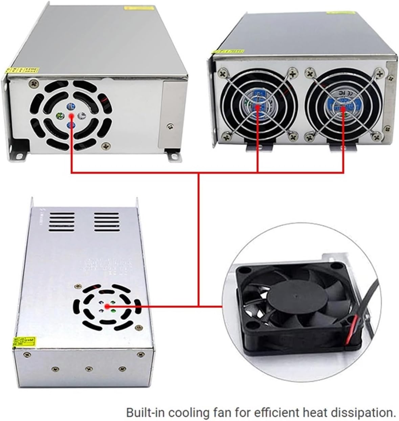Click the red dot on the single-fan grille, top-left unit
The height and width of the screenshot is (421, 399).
71,116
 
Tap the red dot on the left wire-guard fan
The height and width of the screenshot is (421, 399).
258,107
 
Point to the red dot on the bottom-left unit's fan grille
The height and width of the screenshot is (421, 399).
107,306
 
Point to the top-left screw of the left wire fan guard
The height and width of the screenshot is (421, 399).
223,73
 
